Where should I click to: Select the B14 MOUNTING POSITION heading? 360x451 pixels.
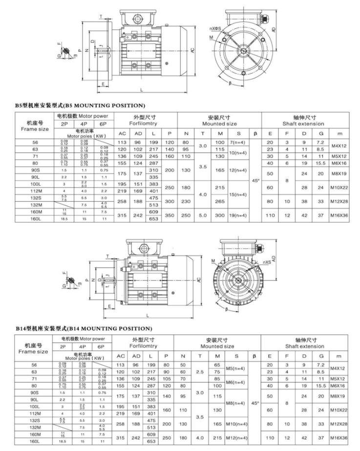tap(84, 328)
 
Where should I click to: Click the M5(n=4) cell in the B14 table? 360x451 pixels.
tap(237, 368)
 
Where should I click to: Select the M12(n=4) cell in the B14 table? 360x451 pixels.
tap(237, 438)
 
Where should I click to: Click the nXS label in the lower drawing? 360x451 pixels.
tap(267, 262)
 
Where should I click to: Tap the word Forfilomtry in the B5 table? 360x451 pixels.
tap(145, 124)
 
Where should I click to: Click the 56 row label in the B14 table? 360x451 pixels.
tap(34, 365)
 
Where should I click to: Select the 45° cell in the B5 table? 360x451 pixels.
tap(255, 180)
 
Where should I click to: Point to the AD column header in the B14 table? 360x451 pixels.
tap(138, 356)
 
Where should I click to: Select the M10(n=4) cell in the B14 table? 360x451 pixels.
tap(237, 424)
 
